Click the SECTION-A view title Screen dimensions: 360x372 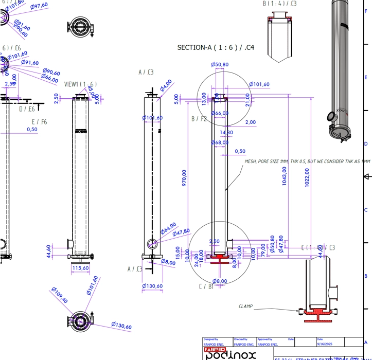pos(216,48)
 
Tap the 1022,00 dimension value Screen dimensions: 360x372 pos(307,177)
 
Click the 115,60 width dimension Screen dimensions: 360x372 pos(80,268)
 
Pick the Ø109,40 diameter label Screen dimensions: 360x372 pos(59,296)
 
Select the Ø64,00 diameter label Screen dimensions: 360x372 pos(168,227)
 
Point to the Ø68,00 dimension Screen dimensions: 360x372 pos(220,142)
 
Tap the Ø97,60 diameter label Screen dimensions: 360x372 pos(39,6)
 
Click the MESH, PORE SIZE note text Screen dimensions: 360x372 pos(307,161)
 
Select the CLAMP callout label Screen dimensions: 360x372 pos(245,307)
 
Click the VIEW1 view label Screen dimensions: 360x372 pos(80,84)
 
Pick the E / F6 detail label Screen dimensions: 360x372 pos(39,122)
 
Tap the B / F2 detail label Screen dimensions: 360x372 pos(199,119)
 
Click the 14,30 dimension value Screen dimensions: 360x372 pos(226,133)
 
